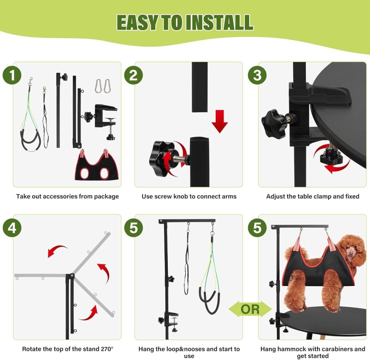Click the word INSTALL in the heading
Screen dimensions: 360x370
[219, 22]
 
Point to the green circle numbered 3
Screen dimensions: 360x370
[257, 76]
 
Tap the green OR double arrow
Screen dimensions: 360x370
[250, 309]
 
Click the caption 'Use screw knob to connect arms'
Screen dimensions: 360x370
[189, 196]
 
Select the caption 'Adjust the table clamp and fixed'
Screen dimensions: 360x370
[312, 196]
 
